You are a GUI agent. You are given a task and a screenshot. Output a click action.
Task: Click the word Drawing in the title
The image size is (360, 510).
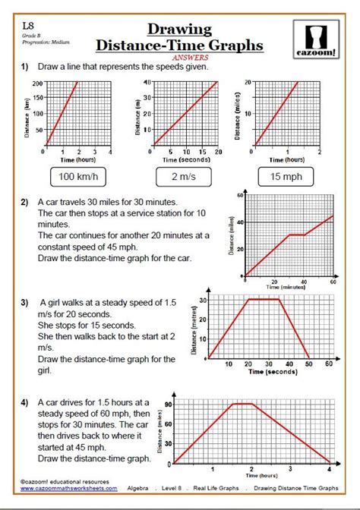tap(179, 29)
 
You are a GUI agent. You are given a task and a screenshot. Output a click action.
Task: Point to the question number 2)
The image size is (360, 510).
tap(25, 203)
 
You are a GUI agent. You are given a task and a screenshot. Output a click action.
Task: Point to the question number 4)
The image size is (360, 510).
tap(25, 402)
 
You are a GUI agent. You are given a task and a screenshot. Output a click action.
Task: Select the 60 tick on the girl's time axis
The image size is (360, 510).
tap(328, 364)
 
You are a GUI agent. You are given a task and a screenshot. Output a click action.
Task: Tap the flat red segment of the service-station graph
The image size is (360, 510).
tap(296, 235)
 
